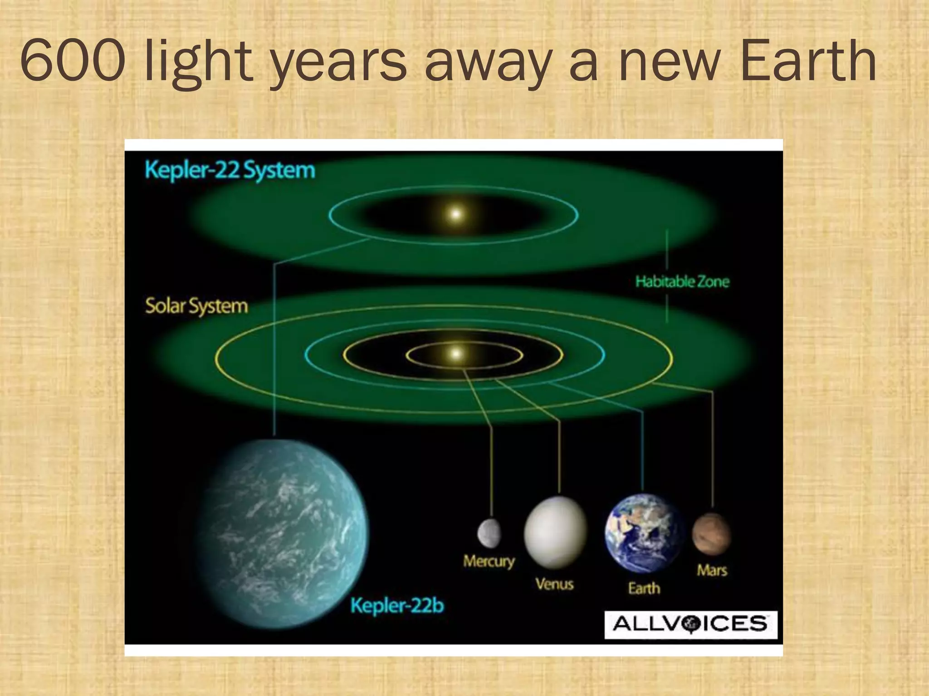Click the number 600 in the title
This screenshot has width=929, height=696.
point(73,61)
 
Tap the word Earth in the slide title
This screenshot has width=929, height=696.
point(808,61)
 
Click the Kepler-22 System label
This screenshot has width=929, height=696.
point(230,171)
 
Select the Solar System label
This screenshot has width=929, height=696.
point(196,306)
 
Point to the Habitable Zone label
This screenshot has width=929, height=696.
point(682,281)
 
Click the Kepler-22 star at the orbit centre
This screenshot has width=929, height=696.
point(455,214)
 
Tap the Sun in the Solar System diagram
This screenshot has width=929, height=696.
point(457,353)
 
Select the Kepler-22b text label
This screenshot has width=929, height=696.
point(397,605)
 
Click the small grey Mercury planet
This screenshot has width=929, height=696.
point(489,533)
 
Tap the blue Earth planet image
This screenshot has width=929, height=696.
point(643,533)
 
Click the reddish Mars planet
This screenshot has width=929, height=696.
point(711,534)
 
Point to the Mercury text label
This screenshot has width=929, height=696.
point(489,561)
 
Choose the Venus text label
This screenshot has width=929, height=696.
point(554,584)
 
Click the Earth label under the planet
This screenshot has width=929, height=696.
point(644,588)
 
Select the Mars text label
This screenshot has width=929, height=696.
point(712,570)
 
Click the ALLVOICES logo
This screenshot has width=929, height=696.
point(690,624)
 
